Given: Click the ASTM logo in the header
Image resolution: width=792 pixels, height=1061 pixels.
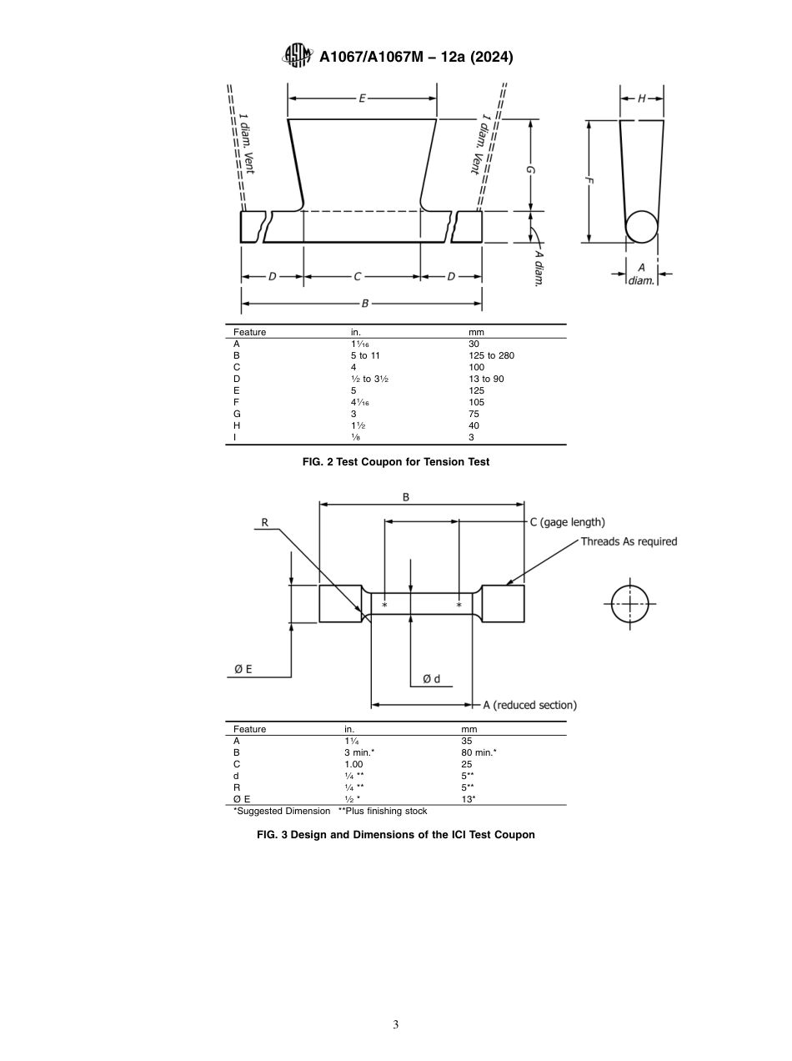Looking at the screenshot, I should pos(297,56).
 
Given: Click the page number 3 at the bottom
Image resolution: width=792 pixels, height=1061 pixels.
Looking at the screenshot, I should pos(395,1024).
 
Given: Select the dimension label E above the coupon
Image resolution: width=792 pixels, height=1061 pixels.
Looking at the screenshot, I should pos(362,98).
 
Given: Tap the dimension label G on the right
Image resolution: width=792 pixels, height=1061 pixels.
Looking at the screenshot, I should pos(531,170).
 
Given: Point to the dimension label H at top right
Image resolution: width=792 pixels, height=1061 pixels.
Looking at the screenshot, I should pos(642,98).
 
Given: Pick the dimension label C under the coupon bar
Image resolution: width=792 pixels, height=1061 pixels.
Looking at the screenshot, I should pos(358,276).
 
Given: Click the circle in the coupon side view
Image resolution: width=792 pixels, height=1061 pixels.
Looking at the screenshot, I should pos(642,226).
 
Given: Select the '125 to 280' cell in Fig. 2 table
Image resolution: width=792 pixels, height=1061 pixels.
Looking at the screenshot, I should pos(492,355).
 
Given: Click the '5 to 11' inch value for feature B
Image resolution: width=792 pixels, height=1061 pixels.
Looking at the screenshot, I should pos(365,355).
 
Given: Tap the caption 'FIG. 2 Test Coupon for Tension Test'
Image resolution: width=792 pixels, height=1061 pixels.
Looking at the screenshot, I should pos(395,462).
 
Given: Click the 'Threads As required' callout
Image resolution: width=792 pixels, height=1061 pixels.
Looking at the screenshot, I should pos(629,541).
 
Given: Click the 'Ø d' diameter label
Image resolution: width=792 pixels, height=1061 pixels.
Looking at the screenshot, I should pos(431,679).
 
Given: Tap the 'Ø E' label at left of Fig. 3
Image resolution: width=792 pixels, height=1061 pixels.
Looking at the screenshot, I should pos(243,669).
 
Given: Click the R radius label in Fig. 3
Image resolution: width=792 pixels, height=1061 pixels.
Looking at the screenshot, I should pos(264,522).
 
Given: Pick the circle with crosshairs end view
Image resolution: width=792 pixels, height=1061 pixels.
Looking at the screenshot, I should pos(629,604).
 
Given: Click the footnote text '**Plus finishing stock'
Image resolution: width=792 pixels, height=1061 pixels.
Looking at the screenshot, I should pos(383,811).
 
